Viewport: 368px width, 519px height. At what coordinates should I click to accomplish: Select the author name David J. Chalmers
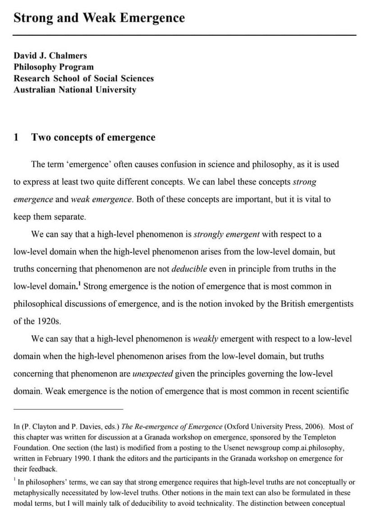coord(50,56)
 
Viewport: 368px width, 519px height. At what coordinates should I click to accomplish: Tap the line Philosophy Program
coord(54,67)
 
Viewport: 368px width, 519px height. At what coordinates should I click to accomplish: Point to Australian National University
coord(75,89)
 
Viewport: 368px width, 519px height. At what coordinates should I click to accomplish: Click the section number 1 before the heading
coord(16,137)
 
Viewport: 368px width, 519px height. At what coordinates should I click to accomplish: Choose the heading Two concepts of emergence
coord(93,137)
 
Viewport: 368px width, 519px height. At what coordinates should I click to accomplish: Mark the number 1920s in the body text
coord(48,321)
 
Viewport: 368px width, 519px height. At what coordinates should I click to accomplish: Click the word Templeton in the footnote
coord(320,437)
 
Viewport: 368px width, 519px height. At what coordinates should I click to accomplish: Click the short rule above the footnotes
coord(68,409)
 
